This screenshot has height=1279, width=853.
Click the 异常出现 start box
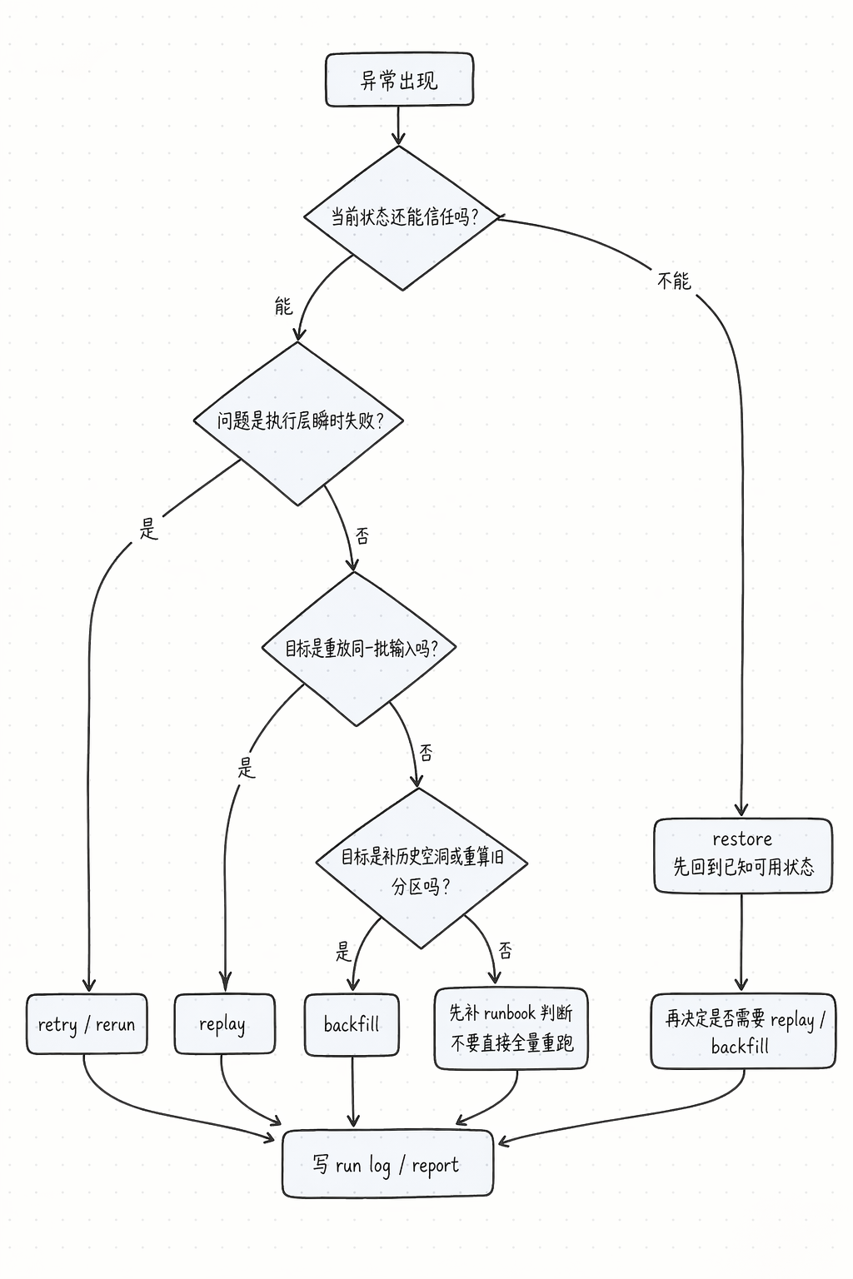tap(399, 80)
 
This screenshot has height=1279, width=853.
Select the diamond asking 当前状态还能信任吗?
tap(402, 217)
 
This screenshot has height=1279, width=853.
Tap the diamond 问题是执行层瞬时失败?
tap(298, 421)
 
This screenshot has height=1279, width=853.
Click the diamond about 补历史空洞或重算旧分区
tap(422, 868)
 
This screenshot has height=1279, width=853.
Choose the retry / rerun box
tap(87, 1024)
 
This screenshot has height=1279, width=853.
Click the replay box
tap(223, 1024)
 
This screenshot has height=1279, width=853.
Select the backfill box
tap(352, 1024)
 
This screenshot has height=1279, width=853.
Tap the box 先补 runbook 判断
tap(511, 1028)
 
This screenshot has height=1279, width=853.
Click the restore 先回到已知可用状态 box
tap(742, 855)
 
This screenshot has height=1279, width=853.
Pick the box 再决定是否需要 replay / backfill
tap(742, 1031)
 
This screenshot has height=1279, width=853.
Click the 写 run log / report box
tap(387, 1164)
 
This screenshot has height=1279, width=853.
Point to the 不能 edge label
tap(674, 281)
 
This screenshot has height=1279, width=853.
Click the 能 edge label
tap(283, 306)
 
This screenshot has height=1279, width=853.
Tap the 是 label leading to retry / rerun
tap(148, 528)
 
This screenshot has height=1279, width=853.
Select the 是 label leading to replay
tap(246, 767)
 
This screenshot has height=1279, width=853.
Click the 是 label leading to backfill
tap(343, 951)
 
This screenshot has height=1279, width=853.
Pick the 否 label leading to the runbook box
tap(506, 951)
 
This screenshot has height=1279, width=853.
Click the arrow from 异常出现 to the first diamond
tap(398, 126)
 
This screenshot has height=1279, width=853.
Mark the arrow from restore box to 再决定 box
tap(741, 943)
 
